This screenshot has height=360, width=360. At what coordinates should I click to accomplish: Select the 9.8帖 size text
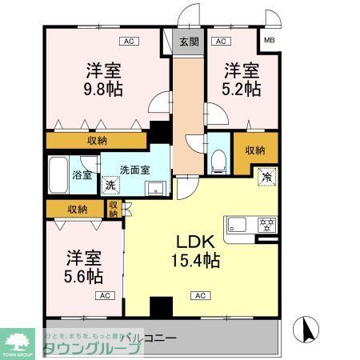104,89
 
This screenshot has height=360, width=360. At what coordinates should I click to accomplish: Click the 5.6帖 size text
84,276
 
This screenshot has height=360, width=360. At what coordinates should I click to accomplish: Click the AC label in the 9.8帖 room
127,41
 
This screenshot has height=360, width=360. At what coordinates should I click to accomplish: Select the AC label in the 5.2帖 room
221,41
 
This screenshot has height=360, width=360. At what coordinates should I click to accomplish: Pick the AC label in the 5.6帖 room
104,296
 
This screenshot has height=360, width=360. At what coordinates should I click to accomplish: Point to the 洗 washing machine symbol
110,186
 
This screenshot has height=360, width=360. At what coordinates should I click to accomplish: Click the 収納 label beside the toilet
255,150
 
